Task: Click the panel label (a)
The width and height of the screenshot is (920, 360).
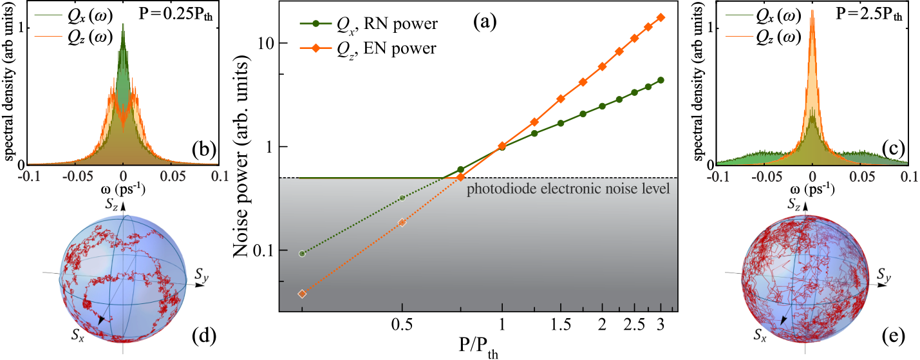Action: [x=484, y=22]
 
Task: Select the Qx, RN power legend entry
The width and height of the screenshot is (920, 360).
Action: [x=368, y=24]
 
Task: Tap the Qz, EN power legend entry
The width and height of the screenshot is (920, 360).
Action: [x=368, y=49]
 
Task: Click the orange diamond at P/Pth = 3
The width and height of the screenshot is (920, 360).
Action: [x=661, y=17]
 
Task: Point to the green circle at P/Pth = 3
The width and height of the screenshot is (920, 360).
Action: [x=661, y=80]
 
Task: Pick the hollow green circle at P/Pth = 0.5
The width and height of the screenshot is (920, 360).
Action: [x=402, y=198]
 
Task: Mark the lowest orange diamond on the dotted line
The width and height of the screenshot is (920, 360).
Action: [x=303, y=294]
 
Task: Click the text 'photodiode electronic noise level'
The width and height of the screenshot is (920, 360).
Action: [x=568, y=189]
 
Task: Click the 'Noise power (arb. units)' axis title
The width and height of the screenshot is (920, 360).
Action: [x=241, y=159]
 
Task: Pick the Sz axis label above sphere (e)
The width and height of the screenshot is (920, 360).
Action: [x=794, y=204]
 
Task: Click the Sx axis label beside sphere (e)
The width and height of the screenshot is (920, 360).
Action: [x=760, y=335]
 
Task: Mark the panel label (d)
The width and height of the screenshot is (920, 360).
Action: [x=204, y=337]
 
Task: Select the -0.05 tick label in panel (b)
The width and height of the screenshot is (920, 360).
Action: [x=74, y=176]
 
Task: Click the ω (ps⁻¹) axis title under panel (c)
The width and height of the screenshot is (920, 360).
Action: [x=812, y=189]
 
